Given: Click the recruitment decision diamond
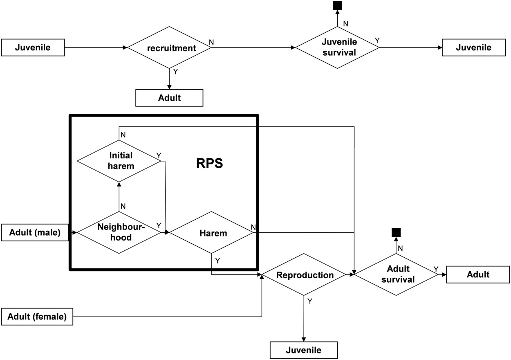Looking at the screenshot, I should point(169,48).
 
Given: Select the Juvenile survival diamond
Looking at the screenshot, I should point(337,47).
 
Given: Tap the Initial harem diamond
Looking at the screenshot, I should point(119,161).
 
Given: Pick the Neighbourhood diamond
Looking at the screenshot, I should point(119,232).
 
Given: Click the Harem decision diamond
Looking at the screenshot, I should point(212,233).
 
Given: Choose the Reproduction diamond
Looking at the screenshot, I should point(304,275).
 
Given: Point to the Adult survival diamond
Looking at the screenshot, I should point(396,274).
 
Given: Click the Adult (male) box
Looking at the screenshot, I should point(35,233).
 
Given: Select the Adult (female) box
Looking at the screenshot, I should point(37,317).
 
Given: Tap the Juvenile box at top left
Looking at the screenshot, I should point(33,47).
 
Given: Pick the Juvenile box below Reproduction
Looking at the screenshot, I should point(304,350).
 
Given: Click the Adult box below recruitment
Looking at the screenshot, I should point(169,98).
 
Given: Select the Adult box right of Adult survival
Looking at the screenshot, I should point(478,274).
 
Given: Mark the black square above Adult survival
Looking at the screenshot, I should point(396,233).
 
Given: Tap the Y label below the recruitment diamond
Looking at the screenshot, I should point(175,72).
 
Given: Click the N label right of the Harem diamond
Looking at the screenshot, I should point(253,227).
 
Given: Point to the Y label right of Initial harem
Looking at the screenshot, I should point(159,156).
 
